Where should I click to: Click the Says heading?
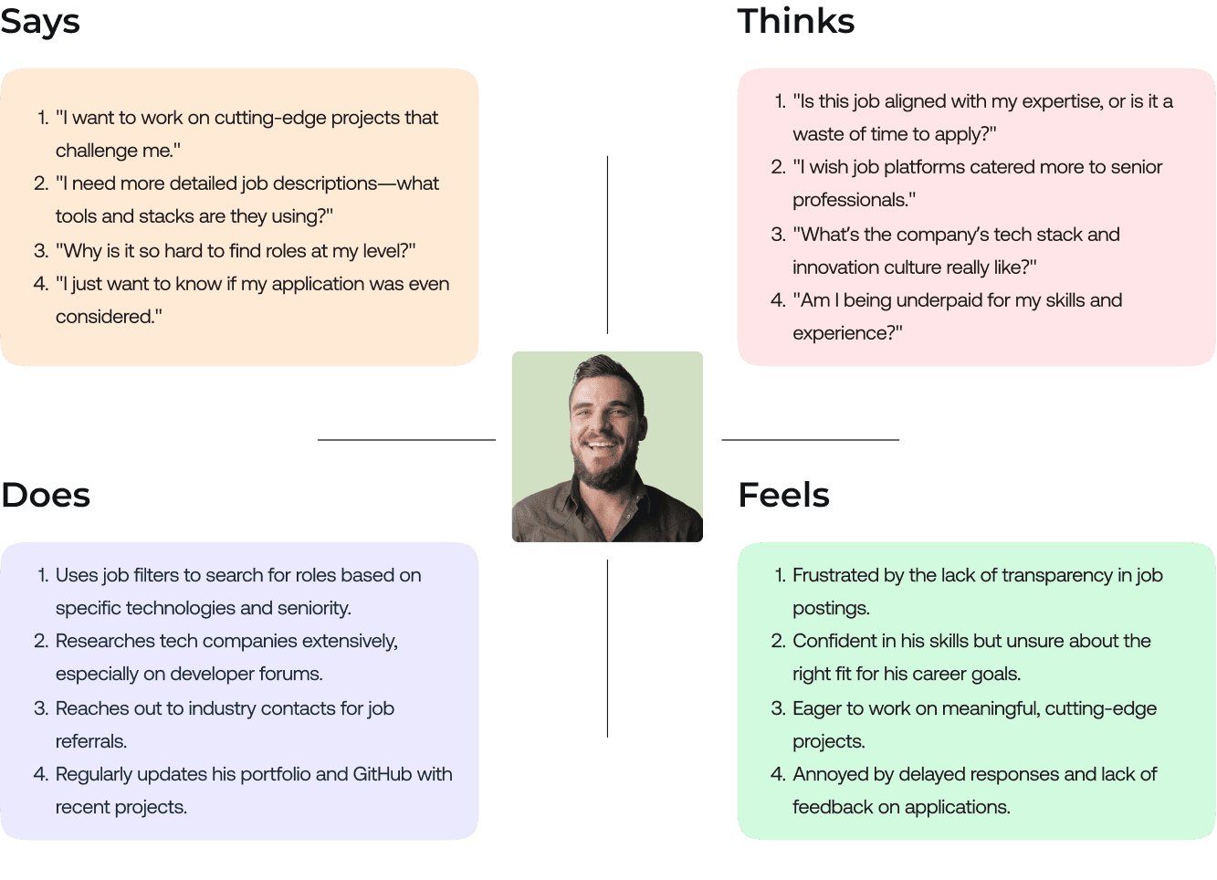[40, 23]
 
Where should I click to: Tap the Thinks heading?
[795, 21]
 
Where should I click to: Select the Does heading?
[46, 496]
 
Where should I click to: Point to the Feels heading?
[783, 496]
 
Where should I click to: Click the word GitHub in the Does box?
[382, 774]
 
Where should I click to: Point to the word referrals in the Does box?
[89, 741]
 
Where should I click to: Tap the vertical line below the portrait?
[607, 648]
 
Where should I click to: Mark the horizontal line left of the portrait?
[406, 440]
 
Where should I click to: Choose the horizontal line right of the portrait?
[810, 440]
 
